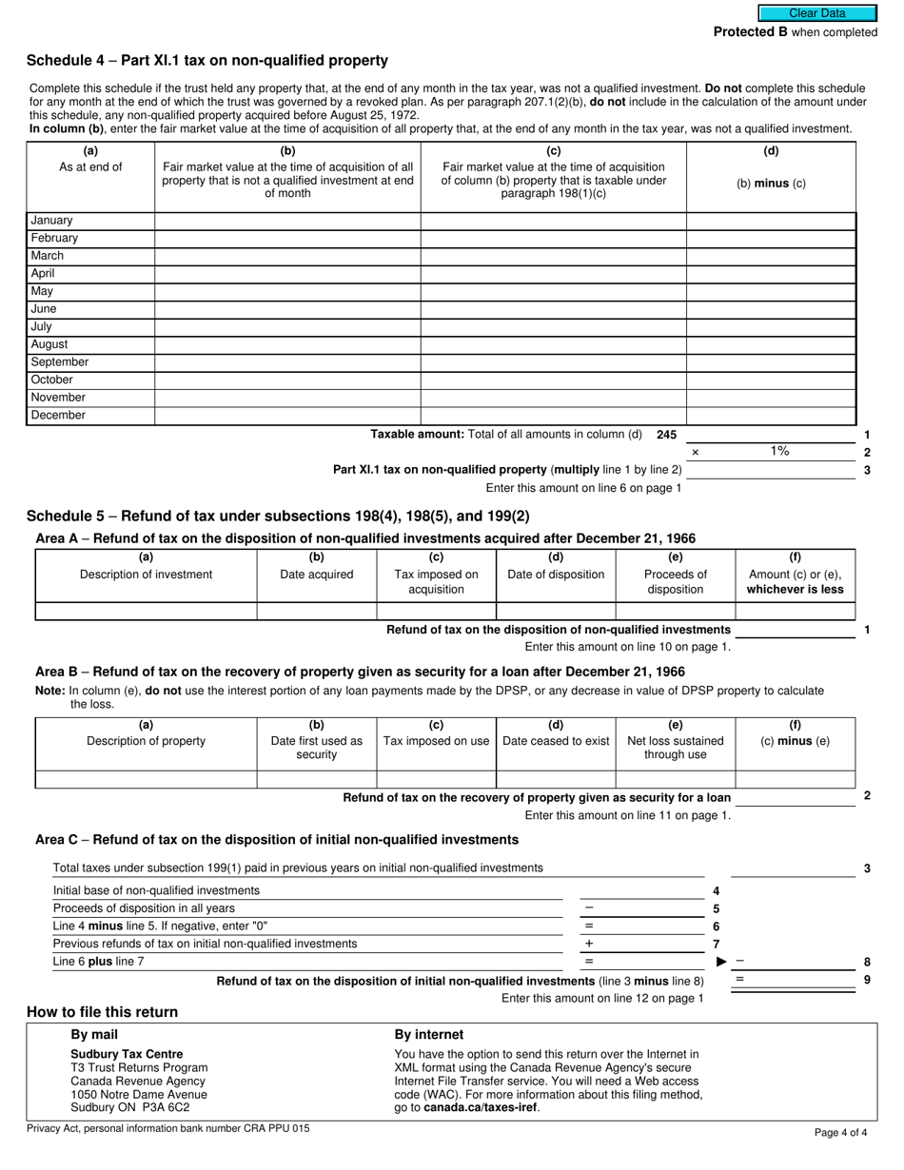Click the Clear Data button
click(816, 13)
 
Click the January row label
click(52, 221)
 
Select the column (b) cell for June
click(287, 309)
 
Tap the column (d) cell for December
click(771, 416)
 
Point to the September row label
click(60, 362)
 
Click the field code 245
click(666, 435)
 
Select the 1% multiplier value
click(779, 452)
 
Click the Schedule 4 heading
click(207, 61)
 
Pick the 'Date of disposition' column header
click(556, 575)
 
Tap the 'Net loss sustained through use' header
click(676, 748)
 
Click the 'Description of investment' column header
click(146, 575)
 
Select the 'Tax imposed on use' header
click(436, 741)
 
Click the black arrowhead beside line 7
click(721, 962)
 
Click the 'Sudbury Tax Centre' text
click(127, 1054)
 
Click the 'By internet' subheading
click(429, 1035)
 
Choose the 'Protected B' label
click(751, 32)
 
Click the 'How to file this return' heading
click(102, 1012)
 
